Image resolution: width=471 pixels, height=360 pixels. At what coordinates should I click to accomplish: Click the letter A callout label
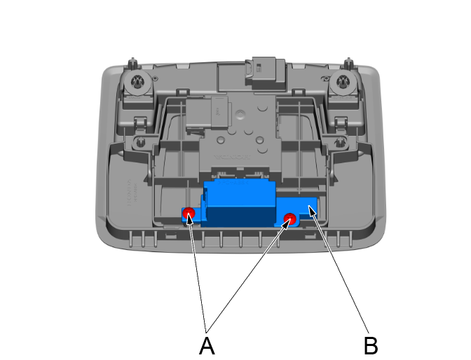(x=206, y=345)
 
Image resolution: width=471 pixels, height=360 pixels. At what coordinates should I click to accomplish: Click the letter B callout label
(x=371, y=345)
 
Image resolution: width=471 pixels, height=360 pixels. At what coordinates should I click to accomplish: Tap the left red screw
(x=189, y=213)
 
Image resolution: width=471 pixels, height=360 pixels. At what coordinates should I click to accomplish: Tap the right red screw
(x=289, y=220)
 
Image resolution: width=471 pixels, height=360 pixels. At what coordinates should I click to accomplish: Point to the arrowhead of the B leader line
(x=308, y=208)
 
